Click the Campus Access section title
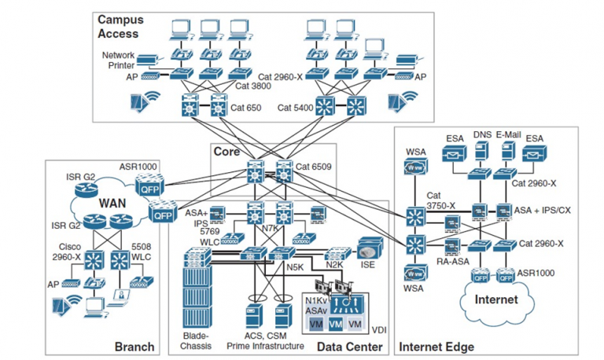click(118, 26)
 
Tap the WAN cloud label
click(112, 203)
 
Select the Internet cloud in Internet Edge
click(496, 299)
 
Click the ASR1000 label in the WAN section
click(139, 167)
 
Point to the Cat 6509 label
click(314, 167)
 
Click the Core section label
click(226, 150)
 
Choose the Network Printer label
click(118, 60)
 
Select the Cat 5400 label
click(295, 107)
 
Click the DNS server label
click(482, 135)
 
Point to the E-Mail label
click(509, 135)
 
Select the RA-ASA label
click(451, 262)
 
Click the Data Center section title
click(349, 347)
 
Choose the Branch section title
click(134, 347)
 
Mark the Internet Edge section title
click(437, 347)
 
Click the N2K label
click(334, 265)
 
